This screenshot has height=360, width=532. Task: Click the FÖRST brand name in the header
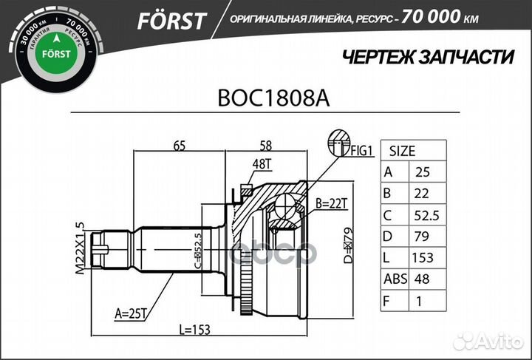click(x=171, y=21)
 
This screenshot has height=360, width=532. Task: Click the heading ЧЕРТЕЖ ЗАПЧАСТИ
click(x=429, y=57)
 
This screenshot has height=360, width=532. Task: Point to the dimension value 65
click(x=179, y=146)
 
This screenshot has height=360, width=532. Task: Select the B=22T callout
click(x=331, y=203)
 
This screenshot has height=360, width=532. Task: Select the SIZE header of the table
click(x=403, y=151)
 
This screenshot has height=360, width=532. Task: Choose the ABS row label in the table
click(x=393, y=279)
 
